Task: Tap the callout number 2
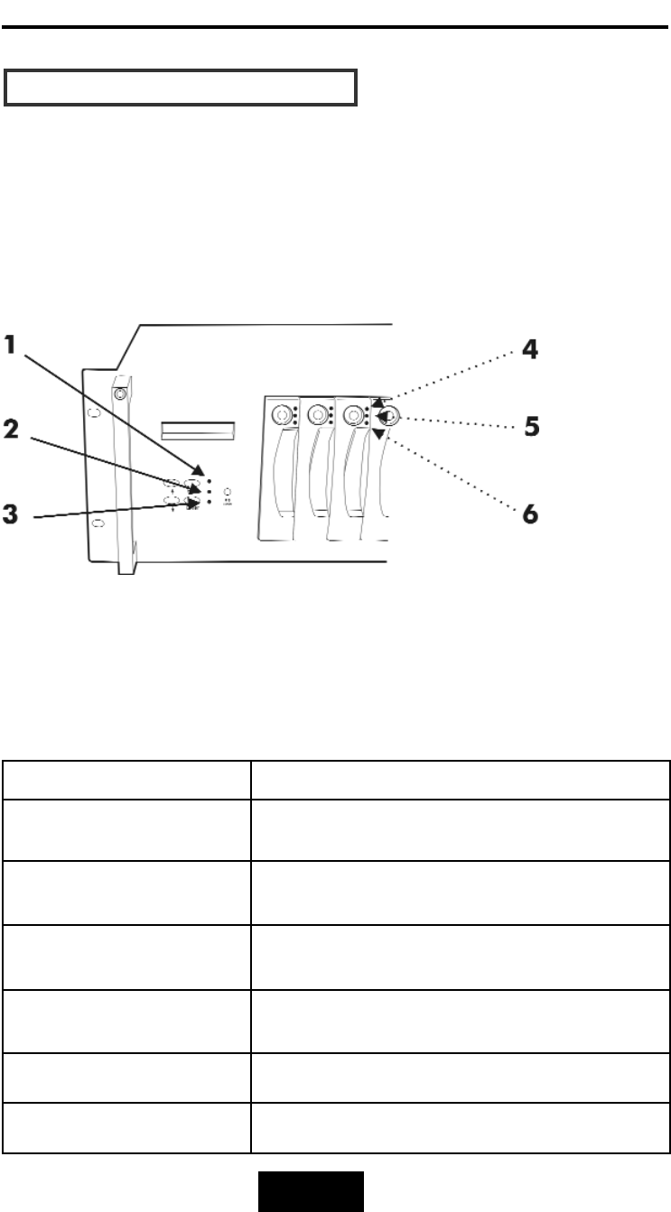click(13, 429)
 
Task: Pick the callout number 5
click(532, 424)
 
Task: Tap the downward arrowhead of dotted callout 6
click(378, 434)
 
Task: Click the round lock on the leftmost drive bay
click(283, 415)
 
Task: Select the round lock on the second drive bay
click(317, 415)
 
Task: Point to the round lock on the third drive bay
click(353, 415)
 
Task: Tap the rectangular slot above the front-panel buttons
click(196, 429)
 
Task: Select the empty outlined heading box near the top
click(182, 87)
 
